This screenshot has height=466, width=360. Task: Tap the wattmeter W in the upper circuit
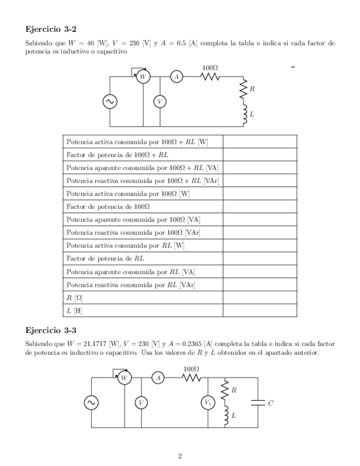[143, 77]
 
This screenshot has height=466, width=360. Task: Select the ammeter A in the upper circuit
[176, 77]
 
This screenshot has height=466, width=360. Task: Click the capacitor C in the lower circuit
[257, 403]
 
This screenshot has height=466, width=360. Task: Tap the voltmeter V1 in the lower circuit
[208, 403]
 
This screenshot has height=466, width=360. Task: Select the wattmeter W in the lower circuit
[124, 378]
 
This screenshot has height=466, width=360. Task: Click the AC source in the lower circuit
[91, 403]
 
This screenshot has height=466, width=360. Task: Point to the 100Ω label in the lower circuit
[191, 369]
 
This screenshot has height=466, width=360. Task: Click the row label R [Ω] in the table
[75, 298]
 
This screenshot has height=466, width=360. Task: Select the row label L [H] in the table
[74, 310]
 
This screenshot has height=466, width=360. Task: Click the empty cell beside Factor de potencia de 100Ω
[259, 206]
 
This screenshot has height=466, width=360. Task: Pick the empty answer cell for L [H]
[259, 310]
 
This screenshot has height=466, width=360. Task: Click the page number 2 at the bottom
[180, 456]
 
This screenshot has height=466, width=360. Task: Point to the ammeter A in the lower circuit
[158, 378]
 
